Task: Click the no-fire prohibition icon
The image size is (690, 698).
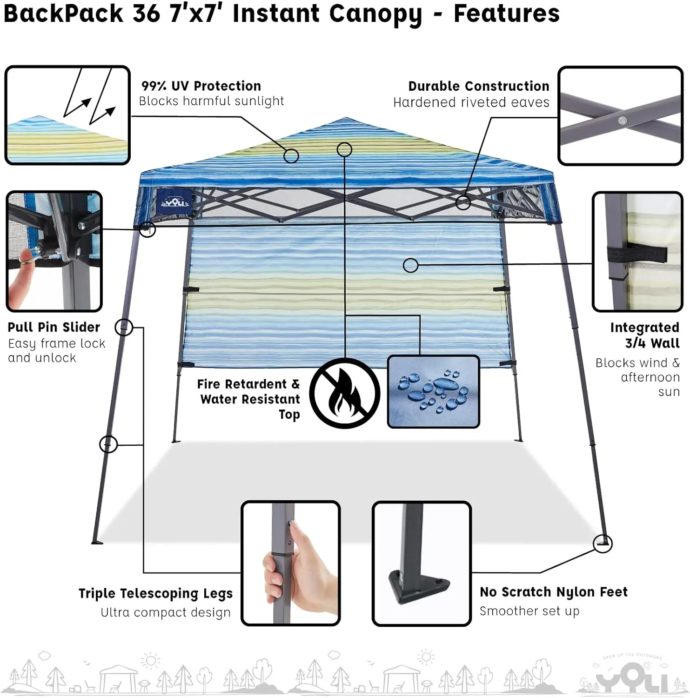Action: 345,393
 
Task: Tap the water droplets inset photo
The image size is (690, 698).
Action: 433,391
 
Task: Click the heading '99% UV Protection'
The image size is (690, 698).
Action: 201,86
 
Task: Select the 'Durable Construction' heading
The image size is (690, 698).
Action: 479,87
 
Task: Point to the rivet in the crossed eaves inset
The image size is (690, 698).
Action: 622,121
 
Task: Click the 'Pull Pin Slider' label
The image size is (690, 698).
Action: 54,327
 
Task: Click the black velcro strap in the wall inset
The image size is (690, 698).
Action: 637,254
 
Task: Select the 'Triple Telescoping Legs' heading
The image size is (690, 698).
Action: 155,594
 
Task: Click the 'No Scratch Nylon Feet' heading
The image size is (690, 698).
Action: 554,592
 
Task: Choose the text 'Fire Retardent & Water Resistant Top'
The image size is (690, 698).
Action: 249,399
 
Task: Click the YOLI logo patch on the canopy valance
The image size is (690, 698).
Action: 174,202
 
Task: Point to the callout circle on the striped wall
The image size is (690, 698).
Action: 410,266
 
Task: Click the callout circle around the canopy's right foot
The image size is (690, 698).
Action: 603,544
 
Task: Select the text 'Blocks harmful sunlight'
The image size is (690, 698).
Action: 211,101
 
